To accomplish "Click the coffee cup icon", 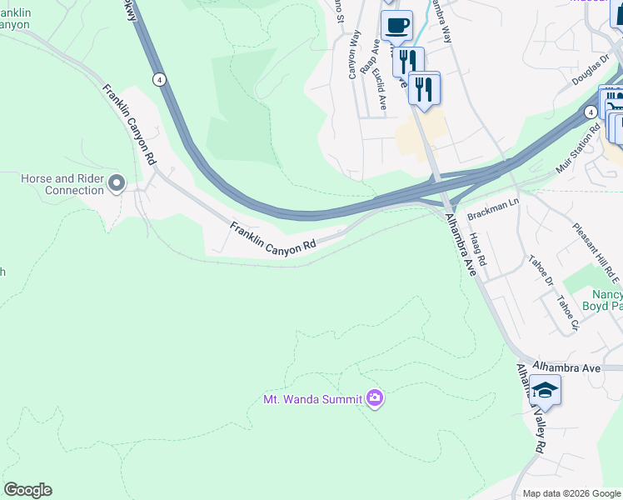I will pyautogui.click(x=396, y=24).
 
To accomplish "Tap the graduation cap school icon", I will pyautogui.click(x=544, y=390).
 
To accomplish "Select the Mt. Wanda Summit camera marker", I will pyautogui.click(x=375, y=398).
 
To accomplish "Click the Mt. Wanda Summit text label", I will pyautogui.click(x=312, y=399).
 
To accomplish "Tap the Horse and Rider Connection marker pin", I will pyautogui.click(x=117, y=182).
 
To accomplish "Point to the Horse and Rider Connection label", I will pyautogui.click(x=62, y=184).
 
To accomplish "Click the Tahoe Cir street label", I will pyautogui.click(x=567, y=312).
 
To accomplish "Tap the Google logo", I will pyautogui.click(x=27, y=490).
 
